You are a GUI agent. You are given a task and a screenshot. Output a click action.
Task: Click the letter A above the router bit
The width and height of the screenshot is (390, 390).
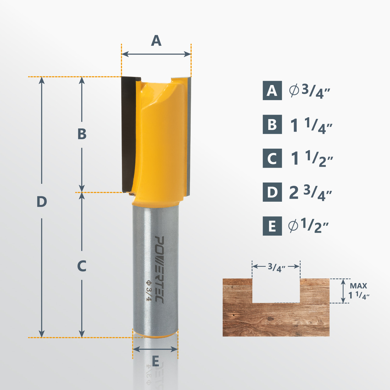156,41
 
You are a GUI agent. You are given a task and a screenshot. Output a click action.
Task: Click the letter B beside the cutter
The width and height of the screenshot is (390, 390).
82,134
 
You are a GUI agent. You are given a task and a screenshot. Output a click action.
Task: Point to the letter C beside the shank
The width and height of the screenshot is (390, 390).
82,266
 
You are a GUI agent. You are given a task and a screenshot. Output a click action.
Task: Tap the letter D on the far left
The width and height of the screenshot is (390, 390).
42,202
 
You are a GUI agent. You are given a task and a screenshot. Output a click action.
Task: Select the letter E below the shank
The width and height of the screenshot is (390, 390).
155,362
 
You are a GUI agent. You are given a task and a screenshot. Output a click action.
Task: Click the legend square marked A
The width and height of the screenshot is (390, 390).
272,90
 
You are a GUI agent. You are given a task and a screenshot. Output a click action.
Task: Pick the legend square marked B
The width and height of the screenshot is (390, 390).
272,124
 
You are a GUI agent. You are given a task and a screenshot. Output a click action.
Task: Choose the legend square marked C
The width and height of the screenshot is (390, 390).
272,158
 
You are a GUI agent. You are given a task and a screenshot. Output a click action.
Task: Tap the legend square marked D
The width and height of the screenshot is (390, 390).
272,192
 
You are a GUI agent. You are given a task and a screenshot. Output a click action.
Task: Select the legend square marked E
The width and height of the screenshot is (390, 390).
272,226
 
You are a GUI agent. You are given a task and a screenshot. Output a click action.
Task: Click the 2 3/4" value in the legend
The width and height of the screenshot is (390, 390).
310,193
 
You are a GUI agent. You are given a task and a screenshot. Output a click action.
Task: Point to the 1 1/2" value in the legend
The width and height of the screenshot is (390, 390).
311,159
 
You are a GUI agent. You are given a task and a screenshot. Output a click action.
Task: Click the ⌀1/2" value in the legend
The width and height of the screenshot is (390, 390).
308,226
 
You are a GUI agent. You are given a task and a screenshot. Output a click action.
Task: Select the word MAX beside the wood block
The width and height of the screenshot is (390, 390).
358,286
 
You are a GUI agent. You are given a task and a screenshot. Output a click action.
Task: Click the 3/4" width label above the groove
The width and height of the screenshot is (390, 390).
276,267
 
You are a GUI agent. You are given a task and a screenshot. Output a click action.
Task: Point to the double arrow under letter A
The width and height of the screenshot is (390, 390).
156,54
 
